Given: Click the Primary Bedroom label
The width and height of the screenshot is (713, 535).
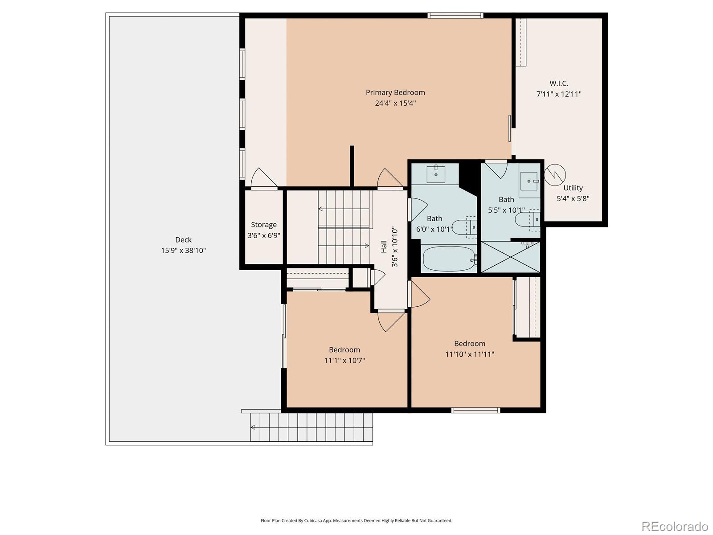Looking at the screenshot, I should coord(395,93).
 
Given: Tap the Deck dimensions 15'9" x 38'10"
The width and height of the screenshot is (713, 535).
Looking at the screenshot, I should coord(183,251).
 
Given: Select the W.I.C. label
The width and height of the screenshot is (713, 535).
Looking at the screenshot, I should coord(559,83).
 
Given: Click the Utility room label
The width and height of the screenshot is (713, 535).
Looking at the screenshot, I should coord(573,188).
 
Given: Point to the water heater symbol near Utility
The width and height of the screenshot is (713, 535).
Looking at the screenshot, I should coord(555,174).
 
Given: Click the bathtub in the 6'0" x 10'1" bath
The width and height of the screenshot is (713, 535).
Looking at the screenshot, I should coord(449,259).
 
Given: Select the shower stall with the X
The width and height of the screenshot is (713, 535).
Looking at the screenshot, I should coord(510,257).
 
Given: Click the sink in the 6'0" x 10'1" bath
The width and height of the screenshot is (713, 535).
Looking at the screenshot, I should coord(436,174).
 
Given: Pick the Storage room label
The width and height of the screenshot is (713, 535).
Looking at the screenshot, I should coord(263,225).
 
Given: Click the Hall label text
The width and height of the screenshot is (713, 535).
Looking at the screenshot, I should coord(384,247).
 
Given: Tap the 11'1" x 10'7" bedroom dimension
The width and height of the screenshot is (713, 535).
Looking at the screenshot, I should coord(344,361).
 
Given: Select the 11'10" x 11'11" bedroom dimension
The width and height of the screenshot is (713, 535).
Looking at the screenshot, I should coord(470,354).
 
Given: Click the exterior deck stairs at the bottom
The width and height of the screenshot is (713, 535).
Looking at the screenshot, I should coord(311,427).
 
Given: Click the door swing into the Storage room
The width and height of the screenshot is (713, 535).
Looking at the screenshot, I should coord(264,179).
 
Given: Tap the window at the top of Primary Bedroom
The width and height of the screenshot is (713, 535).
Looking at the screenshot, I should coord(455,16).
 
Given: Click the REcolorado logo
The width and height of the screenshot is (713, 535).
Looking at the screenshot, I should coord(675,526).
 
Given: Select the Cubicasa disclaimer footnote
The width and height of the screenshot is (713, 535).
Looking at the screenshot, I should coord(356,520).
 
